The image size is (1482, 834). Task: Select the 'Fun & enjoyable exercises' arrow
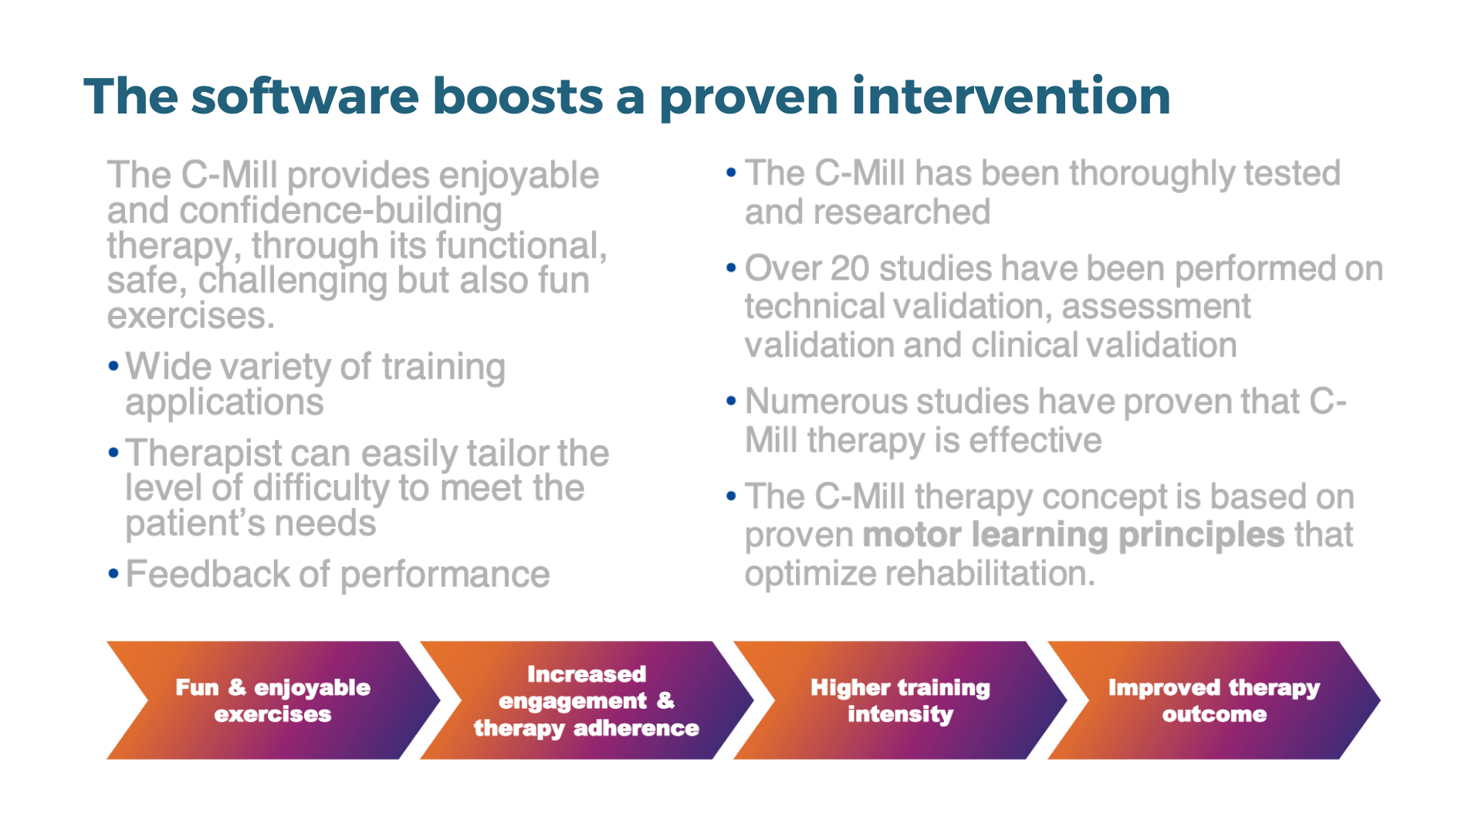(x=273, y=700)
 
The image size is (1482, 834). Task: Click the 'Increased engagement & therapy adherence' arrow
(x=587, y=700)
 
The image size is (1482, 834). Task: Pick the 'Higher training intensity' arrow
(x=900, y=700)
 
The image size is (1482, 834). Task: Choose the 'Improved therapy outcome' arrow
(x=1214, y=700)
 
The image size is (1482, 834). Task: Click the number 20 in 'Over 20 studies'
(x=850, y=269)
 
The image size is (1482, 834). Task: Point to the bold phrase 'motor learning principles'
(x=1074, y=535)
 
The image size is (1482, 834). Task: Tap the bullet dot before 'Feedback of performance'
(x=113, y=574)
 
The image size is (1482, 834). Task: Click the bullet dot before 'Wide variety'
(x=113, y=365)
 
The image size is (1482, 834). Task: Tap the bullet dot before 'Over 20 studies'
(x=731, y=268)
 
